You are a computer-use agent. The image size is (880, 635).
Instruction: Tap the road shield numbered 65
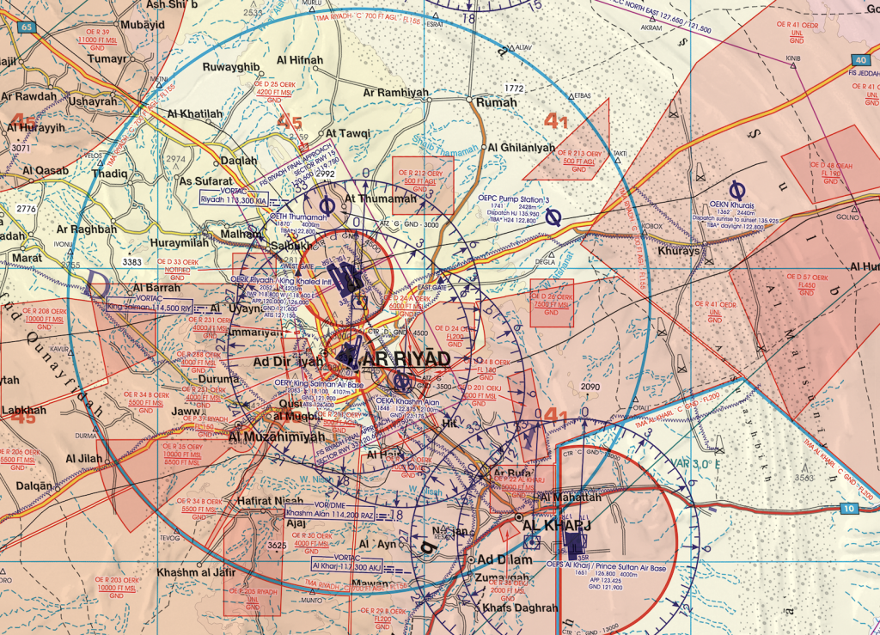(x=27, y=27)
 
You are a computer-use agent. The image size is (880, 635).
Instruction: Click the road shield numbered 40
(x=861, y=60)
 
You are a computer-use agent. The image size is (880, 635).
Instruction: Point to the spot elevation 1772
(x=514, y=88)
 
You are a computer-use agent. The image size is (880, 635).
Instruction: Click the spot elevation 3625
(x=276, y=545)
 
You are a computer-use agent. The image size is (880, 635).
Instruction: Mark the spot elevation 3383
(x=131, y=261)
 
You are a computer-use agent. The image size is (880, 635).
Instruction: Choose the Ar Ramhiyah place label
(x=394, y=92)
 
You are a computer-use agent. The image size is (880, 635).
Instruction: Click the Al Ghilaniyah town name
(x=521, y=147)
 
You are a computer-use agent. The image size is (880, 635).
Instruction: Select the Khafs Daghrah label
(x=521, y=608)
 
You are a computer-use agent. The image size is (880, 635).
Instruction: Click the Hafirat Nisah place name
(x=265, y=502)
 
